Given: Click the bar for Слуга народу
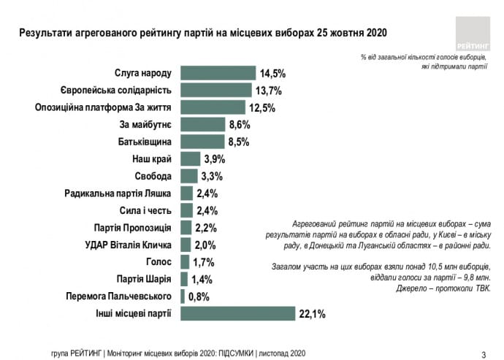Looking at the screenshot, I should tap(218, 73).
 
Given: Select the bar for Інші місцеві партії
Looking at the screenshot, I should tap(237, 313).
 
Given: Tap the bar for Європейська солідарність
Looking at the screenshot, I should tap(216, 91).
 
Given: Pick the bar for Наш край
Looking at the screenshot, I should tap(190, 159).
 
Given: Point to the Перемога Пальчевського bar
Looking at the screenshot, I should tap(182, 296).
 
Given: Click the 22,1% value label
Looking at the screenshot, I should tap(311, 314).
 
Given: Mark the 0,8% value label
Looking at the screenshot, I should tap(199, 296).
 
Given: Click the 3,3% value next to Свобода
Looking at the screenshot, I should tap(211, 177).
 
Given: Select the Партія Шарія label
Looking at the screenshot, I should tap(144, 279).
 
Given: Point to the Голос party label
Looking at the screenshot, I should tap(158, 261).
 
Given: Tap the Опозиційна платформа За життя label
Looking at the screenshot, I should tap(104, 107).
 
